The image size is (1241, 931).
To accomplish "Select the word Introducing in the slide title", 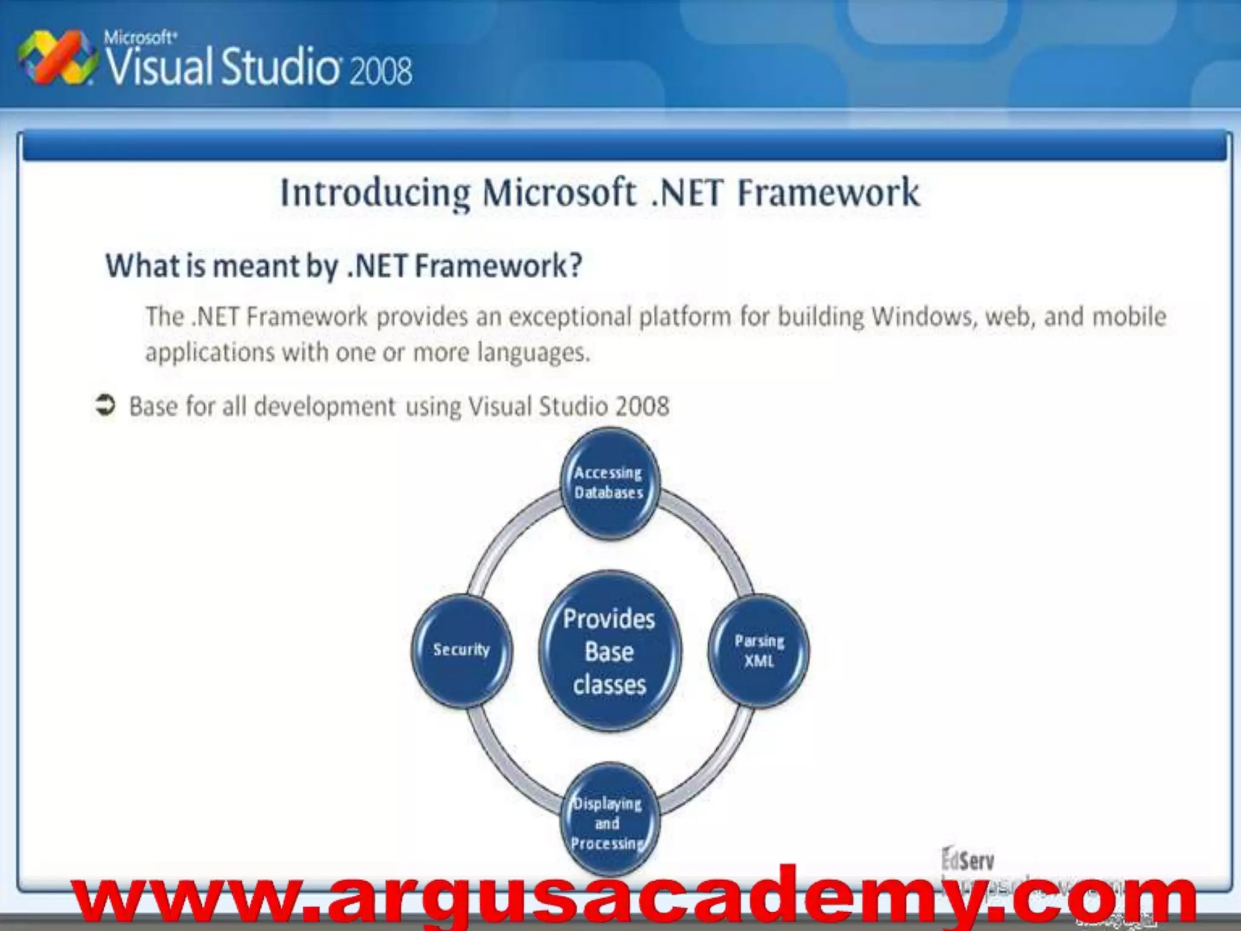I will tap(375, 193).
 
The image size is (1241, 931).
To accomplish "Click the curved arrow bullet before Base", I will tap(105, 405).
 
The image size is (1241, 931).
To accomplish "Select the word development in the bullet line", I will tap(325, 407).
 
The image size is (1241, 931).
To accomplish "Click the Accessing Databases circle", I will tap(610, 483).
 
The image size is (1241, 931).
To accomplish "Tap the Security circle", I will tap(461, 650).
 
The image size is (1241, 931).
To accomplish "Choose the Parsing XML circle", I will tap(759, 650).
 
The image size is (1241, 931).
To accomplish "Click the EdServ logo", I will tap(968, 860).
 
